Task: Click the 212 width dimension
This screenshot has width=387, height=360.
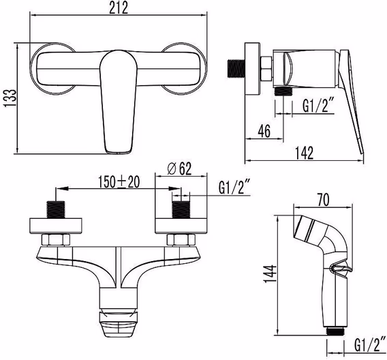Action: point(119,7)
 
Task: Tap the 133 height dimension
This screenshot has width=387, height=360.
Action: point(10,97)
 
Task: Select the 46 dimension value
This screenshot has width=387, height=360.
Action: point(264,131)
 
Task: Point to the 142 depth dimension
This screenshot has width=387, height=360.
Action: point(305,153)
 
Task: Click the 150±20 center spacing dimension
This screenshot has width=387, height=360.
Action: point(119,182)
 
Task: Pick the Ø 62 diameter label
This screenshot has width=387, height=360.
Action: point(179,169)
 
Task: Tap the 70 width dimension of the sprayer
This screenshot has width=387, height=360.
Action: point(323,200)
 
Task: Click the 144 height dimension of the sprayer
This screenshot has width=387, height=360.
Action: point(270,274)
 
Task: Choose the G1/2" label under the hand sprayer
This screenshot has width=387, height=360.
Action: point(370,344)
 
